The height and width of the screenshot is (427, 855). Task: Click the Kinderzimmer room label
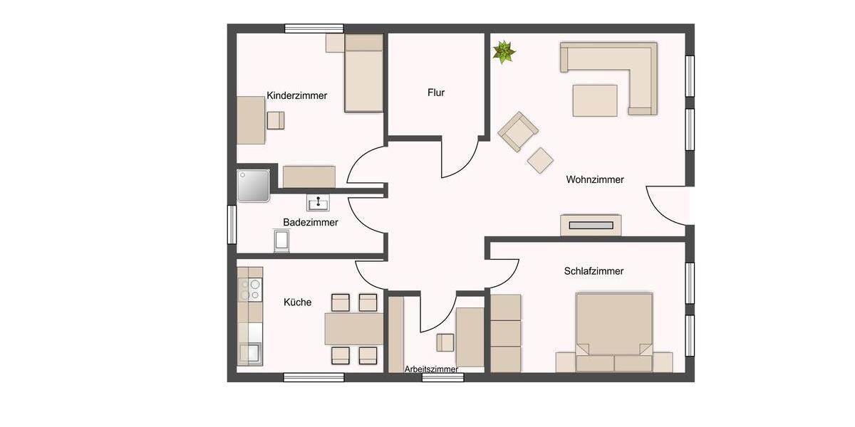point(297,95)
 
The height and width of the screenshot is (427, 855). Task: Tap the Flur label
point(436,93)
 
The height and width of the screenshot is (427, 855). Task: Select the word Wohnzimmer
point(595,179)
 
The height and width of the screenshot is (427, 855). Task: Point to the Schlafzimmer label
point(594,271)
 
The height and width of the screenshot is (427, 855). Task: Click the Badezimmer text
point(311,222)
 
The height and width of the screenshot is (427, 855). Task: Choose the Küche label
point(297,302)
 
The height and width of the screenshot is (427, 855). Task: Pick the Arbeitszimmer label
point(431,369)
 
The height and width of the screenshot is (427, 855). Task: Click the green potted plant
point(504,51)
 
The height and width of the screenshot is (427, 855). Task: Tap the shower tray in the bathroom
point(254,185)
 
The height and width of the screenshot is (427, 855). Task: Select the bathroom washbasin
point(318,203)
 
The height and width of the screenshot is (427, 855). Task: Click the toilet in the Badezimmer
point(282,241)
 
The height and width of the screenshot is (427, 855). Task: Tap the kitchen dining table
point(353,329)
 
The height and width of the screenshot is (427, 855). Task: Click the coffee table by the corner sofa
point(595,100)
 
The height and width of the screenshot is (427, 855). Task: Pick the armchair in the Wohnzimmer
point(517,132)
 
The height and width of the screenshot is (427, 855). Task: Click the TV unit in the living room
point(591,225)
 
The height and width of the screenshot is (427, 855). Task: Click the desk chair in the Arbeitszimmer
point(445,342)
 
